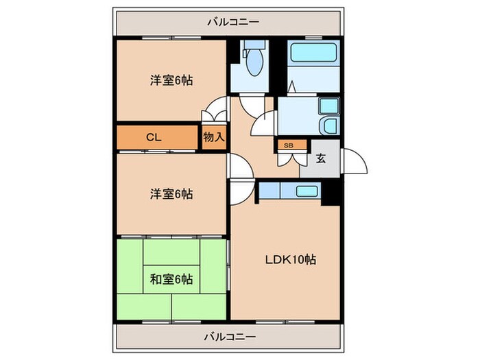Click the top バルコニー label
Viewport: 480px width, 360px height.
pyautogui.click(x=233, y=21)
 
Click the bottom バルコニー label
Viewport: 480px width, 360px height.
pyautogui.click(x=230, y=337)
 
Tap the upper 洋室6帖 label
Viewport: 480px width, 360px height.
pyautogui.click(x=171, y=80)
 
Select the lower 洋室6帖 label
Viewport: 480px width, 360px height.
pyautogui.click(x=171, y=194)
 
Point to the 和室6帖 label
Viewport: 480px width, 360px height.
pyautogui.click(x=171, y=279)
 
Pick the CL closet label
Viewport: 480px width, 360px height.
pyautogui.click(x=154, y=137)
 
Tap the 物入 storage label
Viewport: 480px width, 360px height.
pyautogui.click(x=214, y=137)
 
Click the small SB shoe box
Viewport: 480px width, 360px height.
pyautogui.click(x=288, y=145)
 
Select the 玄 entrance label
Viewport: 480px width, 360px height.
pyautogui.click(x=320, y=158)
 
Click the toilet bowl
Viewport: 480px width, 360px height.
pyautogui.click(x=254, y=63)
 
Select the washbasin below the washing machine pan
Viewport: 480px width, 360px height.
pyautogui.click(x=330, y=127)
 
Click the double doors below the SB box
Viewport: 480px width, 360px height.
pyautogui.click(x=289, y=159)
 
